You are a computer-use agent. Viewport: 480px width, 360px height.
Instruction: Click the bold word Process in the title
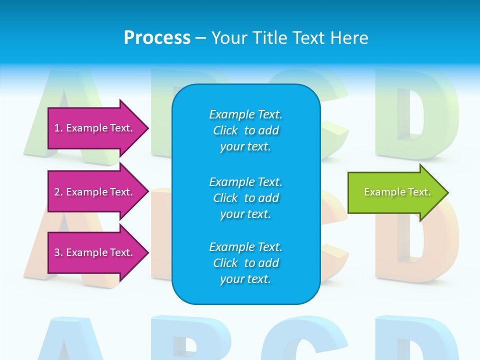(157, 38)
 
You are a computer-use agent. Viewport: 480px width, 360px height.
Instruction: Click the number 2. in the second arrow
(58, 192)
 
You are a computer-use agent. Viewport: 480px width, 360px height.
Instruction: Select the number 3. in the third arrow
(58, 252)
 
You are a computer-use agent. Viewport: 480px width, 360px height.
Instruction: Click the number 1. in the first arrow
(58, 128)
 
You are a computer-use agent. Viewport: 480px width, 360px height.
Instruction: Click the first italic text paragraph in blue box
(245, 130)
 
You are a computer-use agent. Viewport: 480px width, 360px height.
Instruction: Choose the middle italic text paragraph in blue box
(245, 198)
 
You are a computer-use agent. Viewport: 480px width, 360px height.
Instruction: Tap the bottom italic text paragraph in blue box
(245, 263)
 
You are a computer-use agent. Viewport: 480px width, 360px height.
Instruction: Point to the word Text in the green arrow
(419, 192)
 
